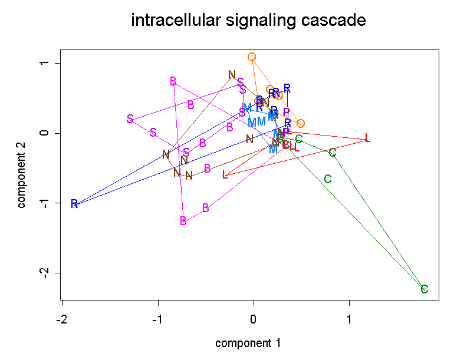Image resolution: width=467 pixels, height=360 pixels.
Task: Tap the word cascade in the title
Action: pyautogui.click(x=333, y=21)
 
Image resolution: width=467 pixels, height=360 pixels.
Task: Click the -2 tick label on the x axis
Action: pyautogui.click(x=61, y=319)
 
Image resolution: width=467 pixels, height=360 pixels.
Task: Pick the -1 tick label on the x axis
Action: pyautogui.click(x=157, y=319)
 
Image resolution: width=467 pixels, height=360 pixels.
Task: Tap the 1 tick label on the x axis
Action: pyautogui.click(x=350, y=319)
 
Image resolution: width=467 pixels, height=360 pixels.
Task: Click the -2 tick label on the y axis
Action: pyautogui.click(x=42, y=273)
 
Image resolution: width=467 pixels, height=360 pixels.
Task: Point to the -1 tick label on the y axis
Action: pyautogui.click(x=42, y=203)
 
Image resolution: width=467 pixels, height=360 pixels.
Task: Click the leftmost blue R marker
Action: pyautogui.click(x=74, y=204)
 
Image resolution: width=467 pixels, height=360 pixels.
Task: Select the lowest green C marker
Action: pyautogui.click(x=424, y=289)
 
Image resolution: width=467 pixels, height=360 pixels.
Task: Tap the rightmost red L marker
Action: pyautogui.click(x=367, y=138)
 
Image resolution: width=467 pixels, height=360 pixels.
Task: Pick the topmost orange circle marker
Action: pyautogui.click(x=252, y=57)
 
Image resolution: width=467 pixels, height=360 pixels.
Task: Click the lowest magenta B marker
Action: pyautogui.click(x=183, y=221)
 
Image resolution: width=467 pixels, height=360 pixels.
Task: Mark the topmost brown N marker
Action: pyautogui.click(x=232, y=75)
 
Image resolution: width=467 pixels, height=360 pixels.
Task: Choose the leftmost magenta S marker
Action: pyautogui.click(x=130, y=119)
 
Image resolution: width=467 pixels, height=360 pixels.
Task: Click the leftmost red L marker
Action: pyautogui.click(x=225, y=174)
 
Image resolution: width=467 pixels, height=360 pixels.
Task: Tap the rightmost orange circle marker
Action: pyautogui.click(x=300, y=124)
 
